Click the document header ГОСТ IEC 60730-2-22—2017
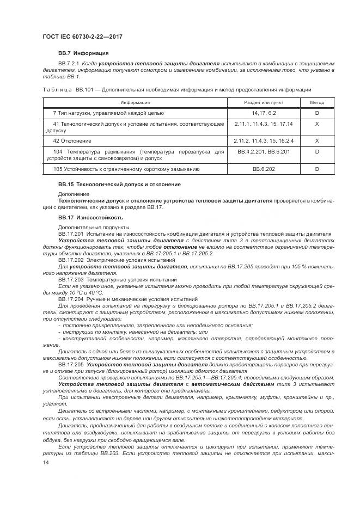tap(82, 36)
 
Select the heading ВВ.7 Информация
tap(83, 53)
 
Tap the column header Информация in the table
tap(136, 102)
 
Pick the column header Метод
tap(316, 102)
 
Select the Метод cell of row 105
tap(316, 169)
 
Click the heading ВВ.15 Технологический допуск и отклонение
tap(119, 185)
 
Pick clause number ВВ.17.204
tap(70, 299)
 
